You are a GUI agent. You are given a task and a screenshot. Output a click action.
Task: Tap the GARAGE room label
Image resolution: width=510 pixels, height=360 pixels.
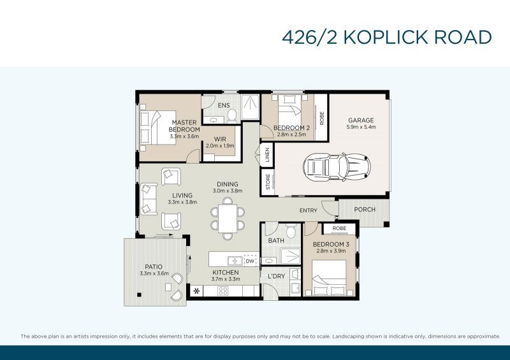tap(360, 120)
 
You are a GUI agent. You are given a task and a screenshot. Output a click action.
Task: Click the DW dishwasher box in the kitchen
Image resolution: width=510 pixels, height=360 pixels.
tap(250, 261)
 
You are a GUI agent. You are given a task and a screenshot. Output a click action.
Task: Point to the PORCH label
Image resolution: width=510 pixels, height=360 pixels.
tap(365, 210)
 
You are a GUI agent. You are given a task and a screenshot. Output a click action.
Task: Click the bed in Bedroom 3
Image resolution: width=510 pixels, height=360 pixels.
tap(328, 278)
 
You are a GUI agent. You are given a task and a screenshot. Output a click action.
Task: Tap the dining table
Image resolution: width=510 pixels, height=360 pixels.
tap(228, 217)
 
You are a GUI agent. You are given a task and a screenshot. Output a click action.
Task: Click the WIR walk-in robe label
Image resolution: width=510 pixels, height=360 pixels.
tap(220, 138)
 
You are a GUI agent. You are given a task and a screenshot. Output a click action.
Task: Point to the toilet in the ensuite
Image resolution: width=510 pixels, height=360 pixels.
tap(232, 115)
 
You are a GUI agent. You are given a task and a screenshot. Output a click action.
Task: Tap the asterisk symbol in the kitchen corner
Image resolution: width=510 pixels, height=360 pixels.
tap(196, 291)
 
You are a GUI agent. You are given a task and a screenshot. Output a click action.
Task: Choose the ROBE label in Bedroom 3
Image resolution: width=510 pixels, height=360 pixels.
tap(339, 227)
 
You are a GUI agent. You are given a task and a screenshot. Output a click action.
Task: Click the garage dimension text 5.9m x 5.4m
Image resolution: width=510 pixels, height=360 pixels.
tap(360, 127)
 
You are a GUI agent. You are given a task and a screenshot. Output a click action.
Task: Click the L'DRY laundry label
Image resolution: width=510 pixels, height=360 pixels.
tap(276, 276)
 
